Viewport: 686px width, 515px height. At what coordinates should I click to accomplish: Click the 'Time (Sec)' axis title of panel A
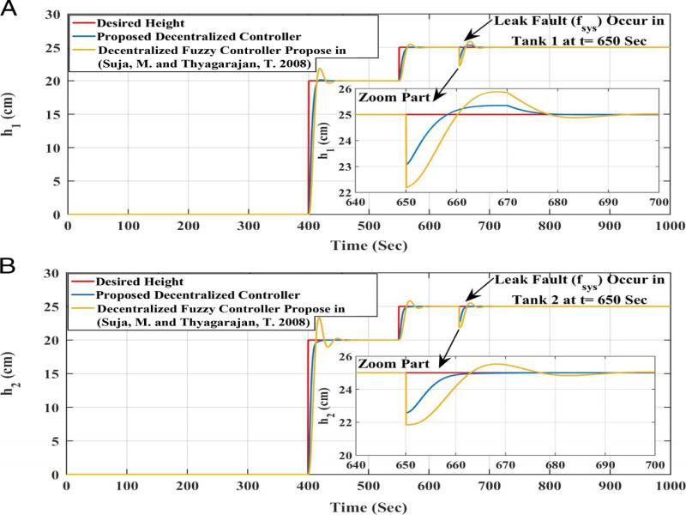click(x=369, y=245)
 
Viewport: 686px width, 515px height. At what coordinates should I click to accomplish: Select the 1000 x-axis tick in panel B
click(x=670, y=488)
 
